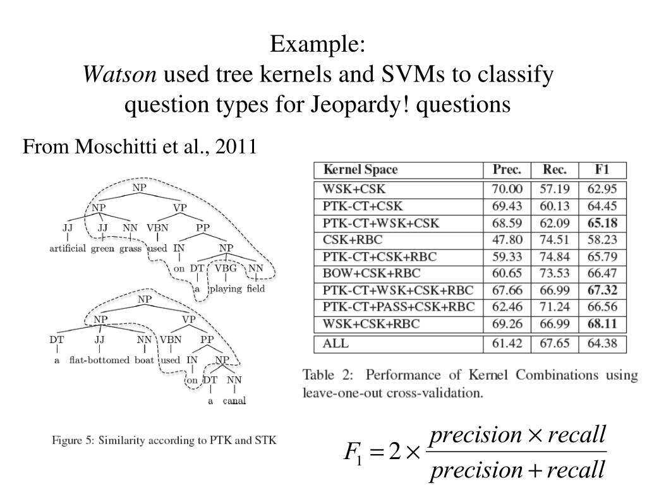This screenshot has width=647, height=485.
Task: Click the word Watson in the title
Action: click(120, 75)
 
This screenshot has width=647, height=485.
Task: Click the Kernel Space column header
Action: click(360, 170)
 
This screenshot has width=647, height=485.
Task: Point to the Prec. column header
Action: click(507, 170)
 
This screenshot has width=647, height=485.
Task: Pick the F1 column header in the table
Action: click(602, 170)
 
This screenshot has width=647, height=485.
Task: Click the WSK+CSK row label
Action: click(353, 189)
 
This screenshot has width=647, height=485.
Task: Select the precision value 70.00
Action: click(507, 189)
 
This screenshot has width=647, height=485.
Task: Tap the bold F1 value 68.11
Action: click(602, 325)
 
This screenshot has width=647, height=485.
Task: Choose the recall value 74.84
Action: click(555, 257)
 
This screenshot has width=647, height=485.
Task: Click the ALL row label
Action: click(336, 344)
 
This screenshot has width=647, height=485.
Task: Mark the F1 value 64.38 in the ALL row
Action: click(602, 344)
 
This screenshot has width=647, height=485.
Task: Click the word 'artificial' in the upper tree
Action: click(68, 248)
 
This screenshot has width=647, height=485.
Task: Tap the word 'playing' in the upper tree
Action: click(226, 289)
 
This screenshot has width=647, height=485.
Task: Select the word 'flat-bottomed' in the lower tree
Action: click(100, 361)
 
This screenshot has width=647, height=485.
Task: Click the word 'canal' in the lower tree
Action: click(234, 400)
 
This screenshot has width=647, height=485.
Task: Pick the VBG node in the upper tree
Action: click(226, 268)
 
